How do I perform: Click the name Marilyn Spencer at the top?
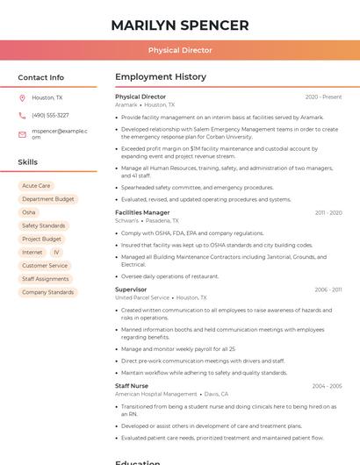coord(180,25)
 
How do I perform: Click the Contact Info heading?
coord(41,77)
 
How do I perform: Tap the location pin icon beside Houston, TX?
coord(22,97)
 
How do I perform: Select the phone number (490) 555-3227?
coord(50,115)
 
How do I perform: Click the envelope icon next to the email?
coord(22,134)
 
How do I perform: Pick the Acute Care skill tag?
coord(36,186)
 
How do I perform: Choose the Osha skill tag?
coord(29,212)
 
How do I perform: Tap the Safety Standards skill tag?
coord(44,225)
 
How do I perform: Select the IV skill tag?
coord(57,252)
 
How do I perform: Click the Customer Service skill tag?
coord(45,266)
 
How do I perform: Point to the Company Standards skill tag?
coord(47,292)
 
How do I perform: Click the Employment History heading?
coord(161,77)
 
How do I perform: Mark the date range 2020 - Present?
coord(323,97)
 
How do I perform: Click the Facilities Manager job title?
coord(142,212)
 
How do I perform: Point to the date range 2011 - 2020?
coord(328,212)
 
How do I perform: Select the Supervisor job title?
coord(131,290)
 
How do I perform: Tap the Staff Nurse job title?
coord(132,386)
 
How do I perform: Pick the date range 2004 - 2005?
coord(327,386)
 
